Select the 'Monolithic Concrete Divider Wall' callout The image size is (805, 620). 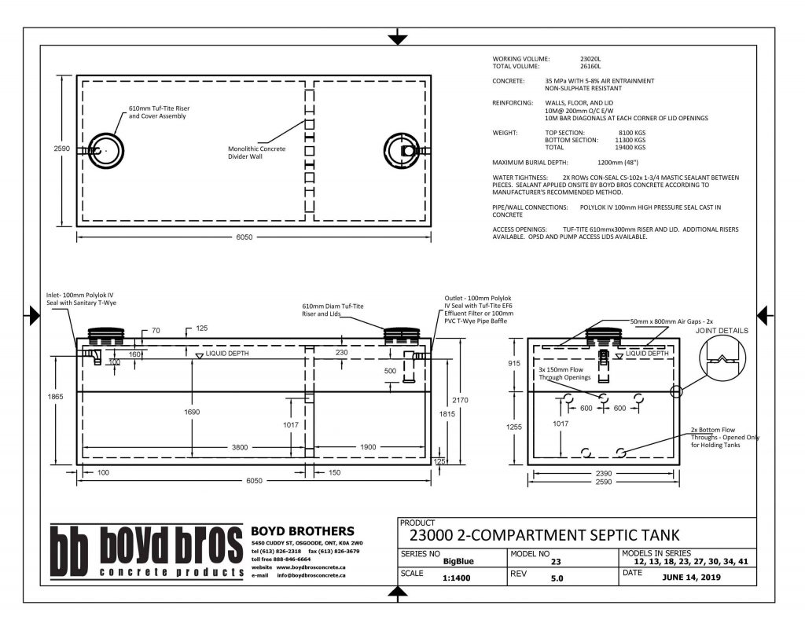[x=257, y=152]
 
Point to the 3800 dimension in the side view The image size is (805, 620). [x=240, y=447]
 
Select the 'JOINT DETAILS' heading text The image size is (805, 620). [x=720, y=331]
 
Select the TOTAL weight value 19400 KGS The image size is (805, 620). [x=629, y=147]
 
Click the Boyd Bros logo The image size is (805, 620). [x=146, y=552]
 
